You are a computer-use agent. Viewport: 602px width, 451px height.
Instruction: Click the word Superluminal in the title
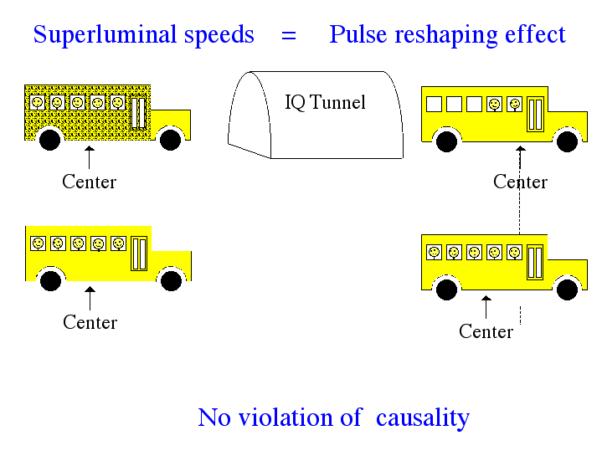click(x=105, y=34)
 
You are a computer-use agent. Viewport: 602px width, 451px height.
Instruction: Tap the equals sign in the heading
click(x=289, y=36)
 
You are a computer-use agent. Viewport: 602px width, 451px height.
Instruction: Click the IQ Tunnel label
click(x=325, y=102)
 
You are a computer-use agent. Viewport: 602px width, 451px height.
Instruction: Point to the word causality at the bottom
click(x=423, y=418)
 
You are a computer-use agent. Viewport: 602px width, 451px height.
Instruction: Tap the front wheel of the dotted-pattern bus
click(x=171, y=140)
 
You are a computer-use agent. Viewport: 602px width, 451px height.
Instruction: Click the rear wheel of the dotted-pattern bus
click(x=50, y=140)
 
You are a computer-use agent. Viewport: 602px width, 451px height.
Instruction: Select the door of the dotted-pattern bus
click(x=139, y=113)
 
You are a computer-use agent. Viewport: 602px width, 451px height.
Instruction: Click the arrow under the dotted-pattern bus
click(x=89, y=157)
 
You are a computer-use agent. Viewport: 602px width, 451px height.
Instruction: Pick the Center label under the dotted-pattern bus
click(x=89, y=182)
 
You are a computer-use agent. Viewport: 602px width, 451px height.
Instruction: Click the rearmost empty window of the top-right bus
click(x=435, y=104)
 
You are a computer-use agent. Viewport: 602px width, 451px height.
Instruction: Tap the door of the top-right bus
click(x=535, y=115)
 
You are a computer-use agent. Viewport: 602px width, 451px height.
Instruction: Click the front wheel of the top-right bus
click(x=567, y=141)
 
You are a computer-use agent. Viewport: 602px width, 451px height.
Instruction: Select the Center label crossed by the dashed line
click(x=520, y=182)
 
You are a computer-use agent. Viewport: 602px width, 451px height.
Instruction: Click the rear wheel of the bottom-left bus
click(x=51, y=280)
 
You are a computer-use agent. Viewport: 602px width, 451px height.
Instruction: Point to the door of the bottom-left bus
click(x=139, y=254)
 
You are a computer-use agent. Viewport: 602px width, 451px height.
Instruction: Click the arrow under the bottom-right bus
click(x=486, y=307)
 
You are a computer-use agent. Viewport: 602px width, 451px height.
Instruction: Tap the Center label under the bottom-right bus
click(x=486, y=331)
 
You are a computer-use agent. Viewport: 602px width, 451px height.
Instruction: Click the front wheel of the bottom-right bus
click(x=567, y=290)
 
